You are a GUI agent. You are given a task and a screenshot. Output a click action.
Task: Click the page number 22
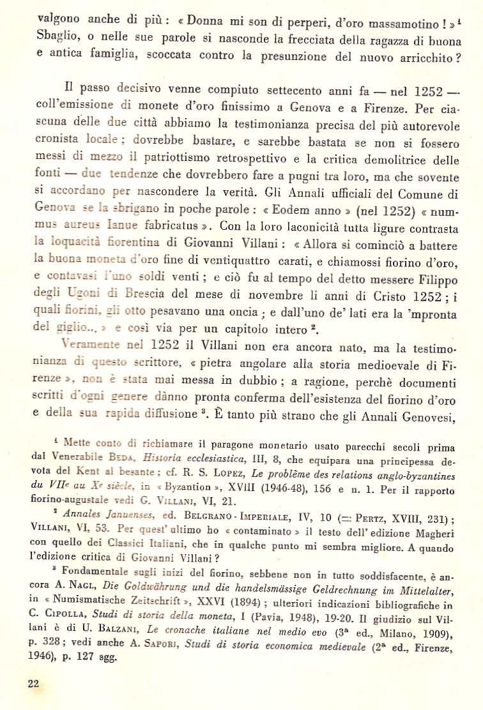click(x=34, y=683)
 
